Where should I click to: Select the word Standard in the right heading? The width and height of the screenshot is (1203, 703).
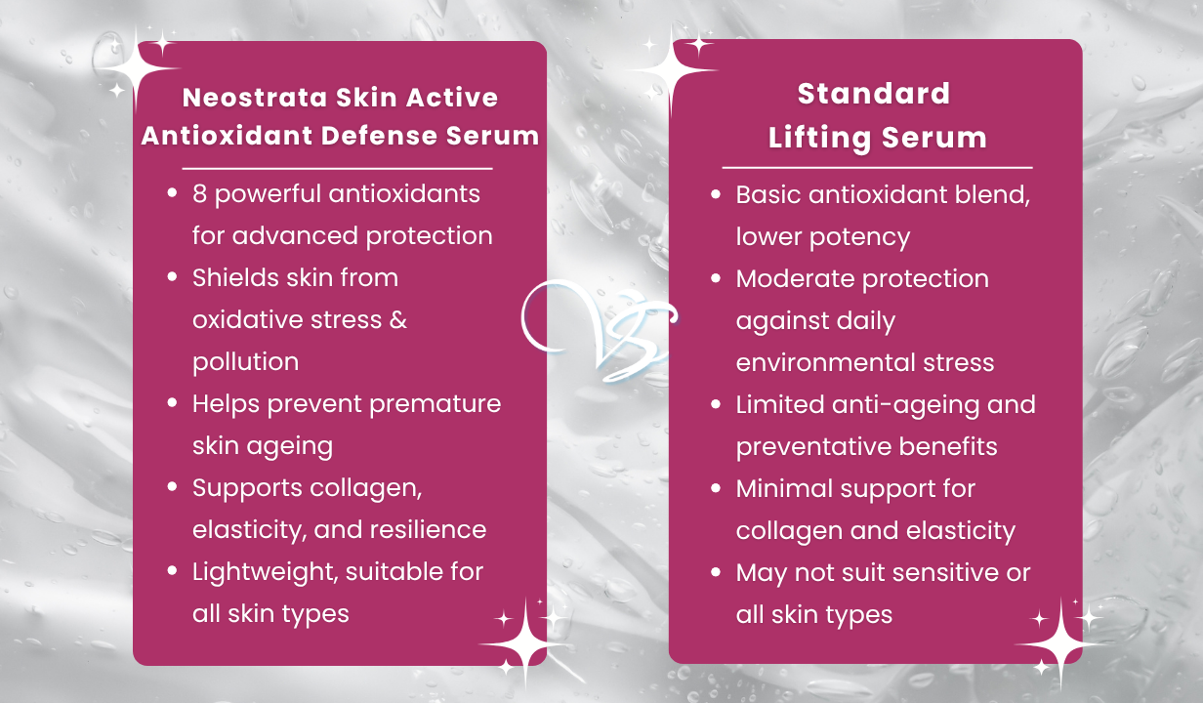pyautogui.click(x=874, y=93)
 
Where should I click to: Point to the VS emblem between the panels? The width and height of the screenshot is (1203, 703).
pyautogui.click(x=601, y=329)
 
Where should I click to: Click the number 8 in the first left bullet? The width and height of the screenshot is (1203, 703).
pyautogui.click(x=199, y=193)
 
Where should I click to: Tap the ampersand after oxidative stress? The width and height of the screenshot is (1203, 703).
pyautogui.click(x=397, y=319)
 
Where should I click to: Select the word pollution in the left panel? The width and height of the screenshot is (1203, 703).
pyautogui.click(x=245, y=361)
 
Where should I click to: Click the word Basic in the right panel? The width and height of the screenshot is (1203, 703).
pyautogui.click(x=766, y=194)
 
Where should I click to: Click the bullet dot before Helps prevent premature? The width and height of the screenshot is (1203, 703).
pyautogui.click(x=173, y=402)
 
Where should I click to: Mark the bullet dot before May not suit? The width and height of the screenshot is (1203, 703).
pyautogui.click(x=716, y=571)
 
